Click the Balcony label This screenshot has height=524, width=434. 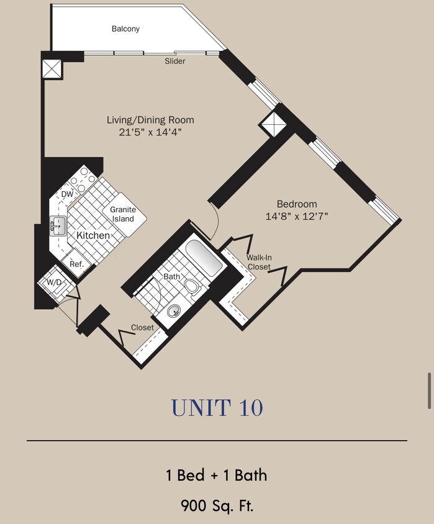[125, 29]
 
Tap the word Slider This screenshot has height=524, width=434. [174, 61]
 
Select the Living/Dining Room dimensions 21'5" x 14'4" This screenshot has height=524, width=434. [150, 132]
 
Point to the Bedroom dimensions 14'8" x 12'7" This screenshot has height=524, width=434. [297, 216]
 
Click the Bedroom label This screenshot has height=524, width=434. [297, 204]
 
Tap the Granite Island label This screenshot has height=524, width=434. [123, 214]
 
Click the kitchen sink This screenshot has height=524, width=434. [58, 226]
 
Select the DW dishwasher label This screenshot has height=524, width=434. [67, 194]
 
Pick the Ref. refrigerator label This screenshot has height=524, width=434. [76, 264]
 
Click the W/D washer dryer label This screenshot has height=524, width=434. [54, 282]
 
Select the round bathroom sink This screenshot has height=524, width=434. [174, 312]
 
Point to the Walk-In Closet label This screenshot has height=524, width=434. [259, 262]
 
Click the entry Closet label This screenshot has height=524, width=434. [142, 328]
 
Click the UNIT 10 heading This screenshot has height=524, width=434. [217, 408]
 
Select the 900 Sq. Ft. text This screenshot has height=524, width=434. [217, 506]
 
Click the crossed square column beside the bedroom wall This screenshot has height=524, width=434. [273, 124]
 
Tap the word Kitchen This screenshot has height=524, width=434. [93, 235]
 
